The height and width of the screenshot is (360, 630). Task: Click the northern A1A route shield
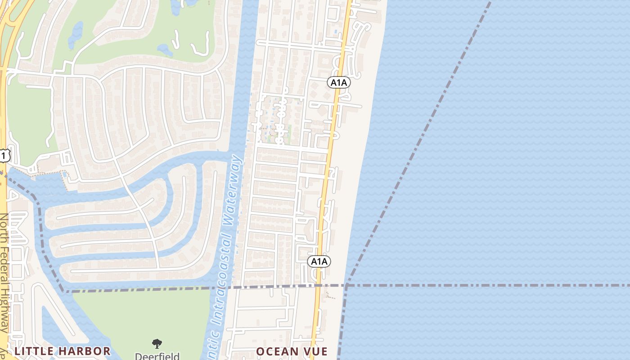click(339, 82)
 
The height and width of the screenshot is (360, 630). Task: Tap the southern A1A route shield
click(319, 261)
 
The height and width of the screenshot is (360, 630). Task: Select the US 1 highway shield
click(4, 156)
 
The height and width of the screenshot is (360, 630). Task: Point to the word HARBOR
click(88, 351)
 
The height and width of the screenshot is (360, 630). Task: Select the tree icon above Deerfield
click(157, 344)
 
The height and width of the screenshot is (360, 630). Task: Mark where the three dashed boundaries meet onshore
click(346, 285)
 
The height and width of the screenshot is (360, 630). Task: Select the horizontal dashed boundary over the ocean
click(495, 285)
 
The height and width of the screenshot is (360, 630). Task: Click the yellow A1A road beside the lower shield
click(318, 279)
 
